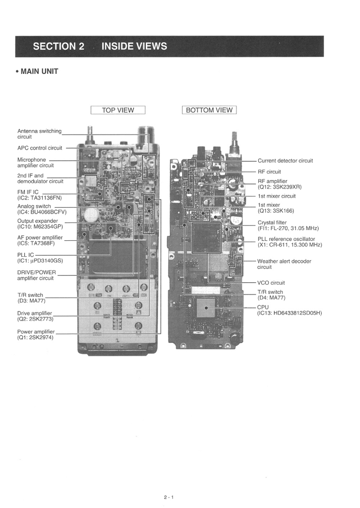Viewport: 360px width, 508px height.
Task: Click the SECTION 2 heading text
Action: pyautogui.click(x=58, y=46)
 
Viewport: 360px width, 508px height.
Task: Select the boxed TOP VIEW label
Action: pyautogui.click(x=118, y=110)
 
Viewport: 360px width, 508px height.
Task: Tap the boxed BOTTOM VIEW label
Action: pyautogui.click(x=209, y=110)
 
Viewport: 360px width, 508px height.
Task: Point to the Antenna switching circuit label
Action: pyautogui.click(x=39, y=134)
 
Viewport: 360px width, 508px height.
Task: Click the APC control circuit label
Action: pyautogui.click(x=40, y=148)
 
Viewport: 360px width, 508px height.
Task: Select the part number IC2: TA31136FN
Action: pyautogui.click(x=39, y=197)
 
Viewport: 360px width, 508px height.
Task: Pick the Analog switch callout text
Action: pyautogui.click(x=34, y=206)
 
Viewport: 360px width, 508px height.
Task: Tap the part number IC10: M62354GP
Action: pyautogui.click(x=40, y=227)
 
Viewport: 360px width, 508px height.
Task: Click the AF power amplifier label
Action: pyautogui.click(x=40, y=237)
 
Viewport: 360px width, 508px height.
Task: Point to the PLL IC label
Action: pyautogui.click(x=25, y=254)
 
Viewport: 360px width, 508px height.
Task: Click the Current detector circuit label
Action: pyautogui.click(x=285, y=161)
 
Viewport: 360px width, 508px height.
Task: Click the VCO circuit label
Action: pyautogui.click(x=271, y=283)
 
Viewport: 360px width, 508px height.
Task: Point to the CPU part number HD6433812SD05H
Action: pyautogui.click(x=289, y=313)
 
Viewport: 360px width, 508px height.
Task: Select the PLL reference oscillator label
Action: pyautogui.click(x=286, y=239)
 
